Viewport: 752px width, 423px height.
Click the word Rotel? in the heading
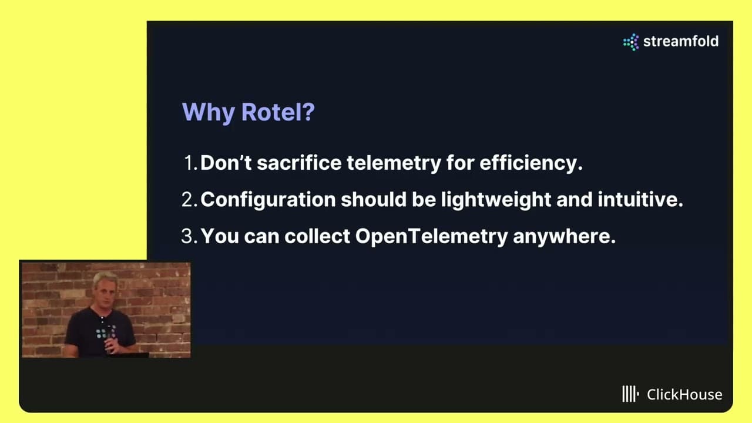278,112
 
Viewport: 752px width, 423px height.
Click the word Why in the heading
208,113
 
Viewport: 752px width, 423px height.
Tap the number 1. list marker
191,163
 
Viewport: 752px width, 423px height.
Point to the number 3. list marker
189,236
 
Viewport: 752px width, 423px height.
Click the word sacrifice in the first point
299,163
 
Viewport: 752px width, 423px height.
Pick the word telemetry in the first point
394,163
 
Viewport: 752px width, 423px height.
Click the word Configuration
268,200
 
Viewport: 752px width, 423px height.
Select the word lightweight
496,200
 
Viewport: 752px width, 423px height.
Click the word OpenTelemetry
431,237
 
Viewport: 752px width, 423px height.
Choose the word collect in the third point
317,236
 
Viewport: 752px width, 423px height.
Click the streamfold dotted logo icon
631,42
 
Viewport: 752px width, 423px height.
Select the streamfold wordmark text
681,41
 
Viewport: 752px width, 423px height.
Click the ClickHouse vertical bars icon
630,394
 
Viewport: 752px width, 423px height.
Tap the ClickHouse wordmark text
684,394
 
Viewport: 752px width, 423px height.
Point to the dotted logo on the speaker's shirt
105,332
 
